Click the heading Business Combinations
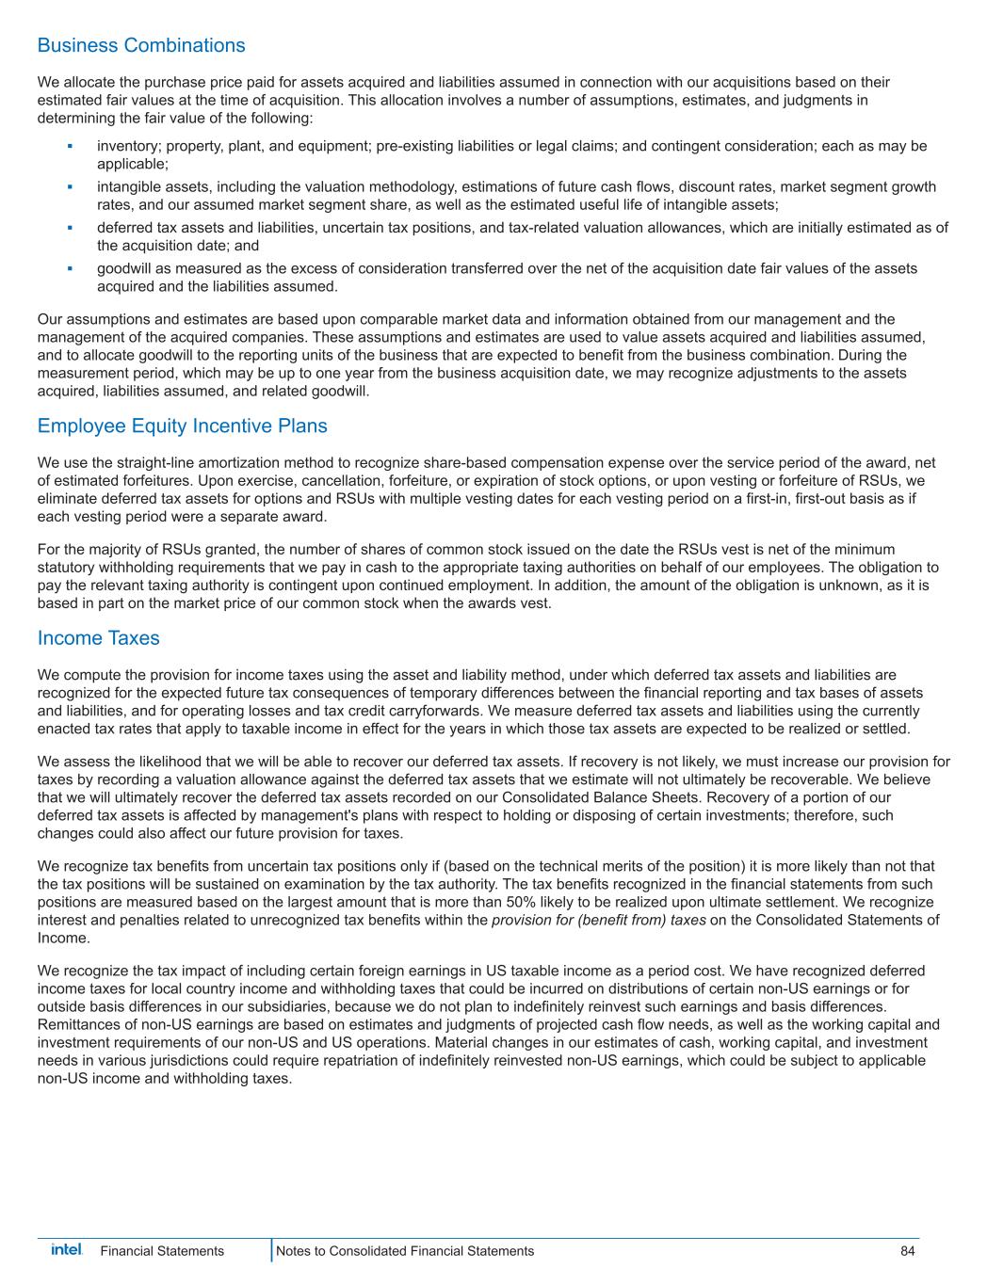tap(141, 45)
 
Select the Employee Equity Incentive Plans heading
tap(183, 426)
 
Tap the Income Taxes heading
tap(99, 638)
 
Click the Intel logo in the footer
tap(66, 1250)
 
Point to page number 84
tap(907, 1251)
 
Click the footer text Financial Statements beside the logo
tap(162, 1251)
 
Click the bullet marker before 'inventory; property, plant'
tap(71, 147)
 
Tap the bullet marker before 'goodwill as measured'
tap(71, 269)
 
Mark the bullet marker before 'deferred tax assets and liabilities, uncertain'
tap(71, 228)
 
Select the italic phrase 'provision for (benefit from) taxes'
tap(598, 920)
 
